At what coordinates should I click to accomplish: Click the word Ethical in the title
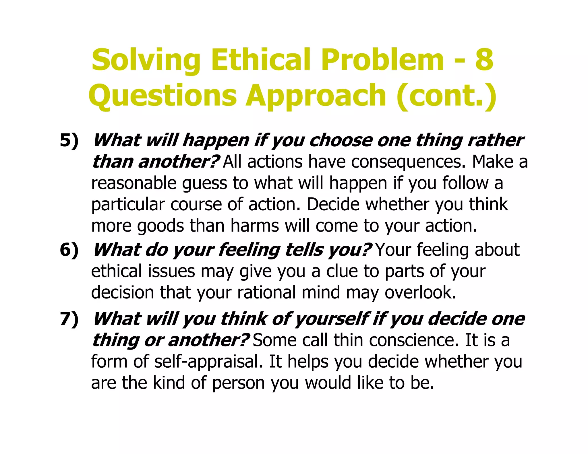click(261, 60)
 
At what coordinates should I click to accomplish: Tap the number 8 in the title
click(484, 60)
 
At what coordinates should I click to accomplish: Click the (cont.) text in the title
click(447, 95)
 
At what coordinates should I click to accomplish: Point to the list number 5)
click(69, 141)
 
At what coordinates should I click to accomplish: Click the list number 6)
click(69, 250)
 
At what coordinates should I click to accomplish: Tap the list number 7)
click(69, 319)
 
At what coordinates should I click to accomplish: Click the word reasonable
click(134, 183)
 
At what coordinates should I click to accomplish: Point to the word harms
click(254, 226)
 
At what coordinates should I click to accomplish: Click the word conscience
click(412, 340)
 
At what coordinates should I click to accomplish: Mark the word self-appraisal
click(208, 362)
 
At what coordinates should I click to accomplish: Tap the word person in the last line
click(238, 383)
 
